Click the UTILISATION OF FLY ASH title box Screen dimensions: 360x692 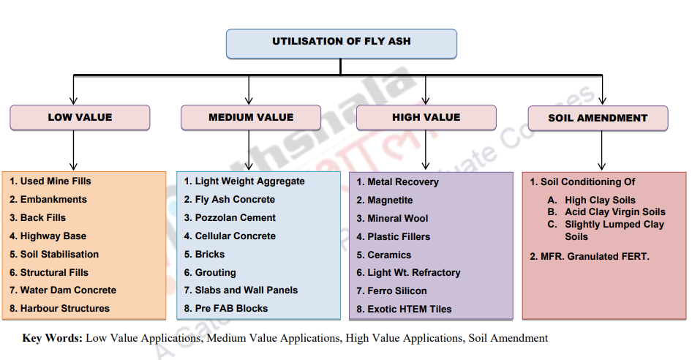click(x=341, y=42)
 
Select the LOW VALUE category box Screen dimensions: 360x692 click(x=80, y=118)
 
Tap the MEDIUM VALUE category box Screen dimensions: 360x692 click(x=251, y=118)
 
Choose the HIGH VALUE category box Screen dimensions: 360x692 click(x=426, y=118)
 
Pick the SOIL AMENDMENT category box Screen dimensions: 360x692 click(x=598, y=118)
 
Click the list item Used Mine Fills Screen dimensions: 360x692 click(x=50, y=181)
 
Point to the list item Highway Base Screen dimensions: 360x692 click(x=48, y=236)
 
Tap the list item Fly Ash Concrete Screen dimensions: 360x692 click(x=230, y=200)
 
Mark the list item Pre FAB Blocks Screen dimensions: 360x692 click(x=226, y=309)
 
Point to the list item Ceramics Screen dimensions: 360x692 click(x=384, y=255)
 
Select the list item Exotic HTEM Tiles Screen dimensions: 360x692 click(x=404, y=310)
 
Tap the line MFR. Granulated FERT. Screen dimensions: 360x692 click(x=590, y=256)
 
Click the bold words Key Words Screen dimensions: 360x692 click(x=53, y=338)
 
